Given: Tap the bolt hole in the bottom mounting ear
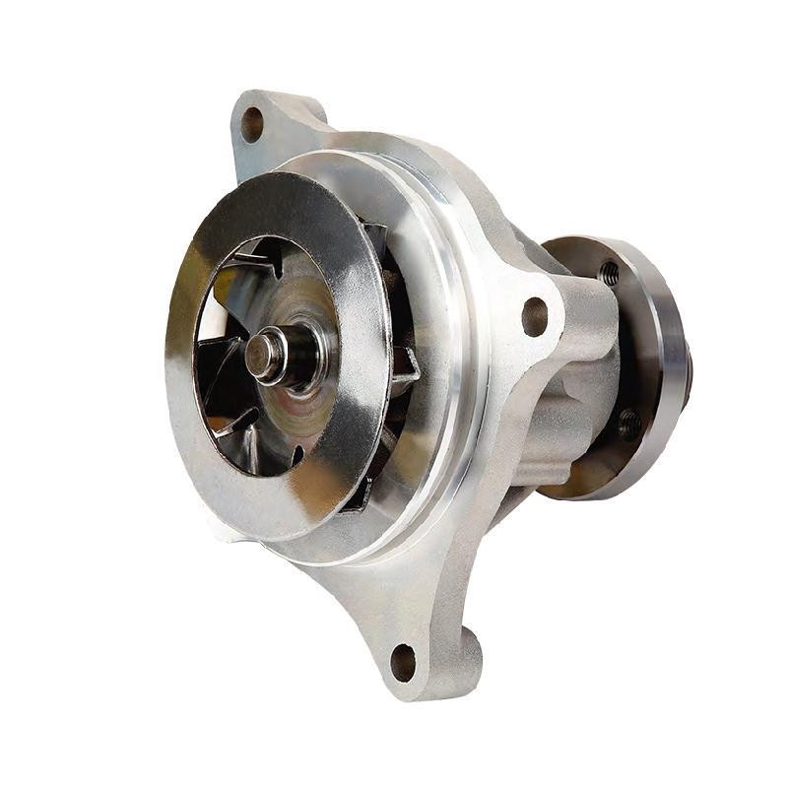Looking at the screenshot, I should click(x=403, y=662).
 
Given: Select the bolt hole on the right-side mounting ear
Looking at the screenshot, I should click(x=535, y=315).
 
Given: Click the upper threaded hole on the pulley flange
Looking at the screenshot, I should click(x=610, y=272).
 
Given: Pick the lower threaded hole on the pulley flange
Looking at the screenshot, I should click(x=628, y=424).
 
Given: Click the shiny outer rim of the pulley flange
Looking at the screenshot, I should click(x=673, y=355).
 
